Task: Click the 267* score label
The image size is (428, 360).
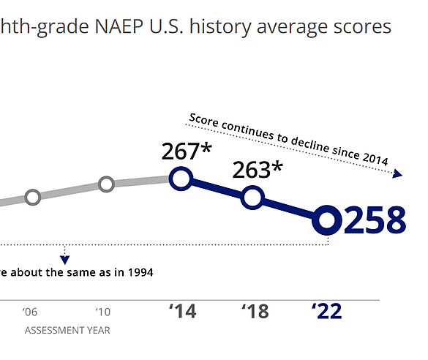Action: point(187,151)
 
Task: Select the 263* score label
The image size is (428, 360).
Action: point(258,170)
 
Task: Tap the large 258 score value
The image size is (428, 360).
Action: point(375,220)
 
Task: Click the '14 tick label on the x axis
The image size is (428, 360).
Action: point(182,311)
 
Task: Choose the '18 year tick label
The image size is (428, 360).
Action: point(255,311)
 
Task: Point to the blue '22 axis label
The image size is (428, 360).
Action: point(327,311)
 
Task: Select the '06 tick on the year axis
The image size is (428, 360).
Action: point(30,312)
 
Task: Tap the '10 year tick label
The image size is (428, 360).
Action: point(103,312)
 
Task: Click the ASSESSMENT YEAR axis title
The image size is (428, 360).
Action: point(67,330)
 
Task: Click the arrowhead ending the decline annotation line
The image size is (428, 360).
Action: point(397,173)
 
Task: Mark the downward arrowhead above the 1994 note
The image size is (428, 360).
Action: point(64,260)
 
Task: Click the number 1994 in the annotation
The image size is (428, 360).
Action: point(140,272)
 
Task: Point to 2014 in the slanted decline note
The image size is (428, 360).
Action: point(375,159)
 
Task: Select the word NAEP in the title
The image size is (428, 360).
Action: point(119,26)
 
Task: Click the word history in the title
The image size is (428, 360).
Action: point(220,27)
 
